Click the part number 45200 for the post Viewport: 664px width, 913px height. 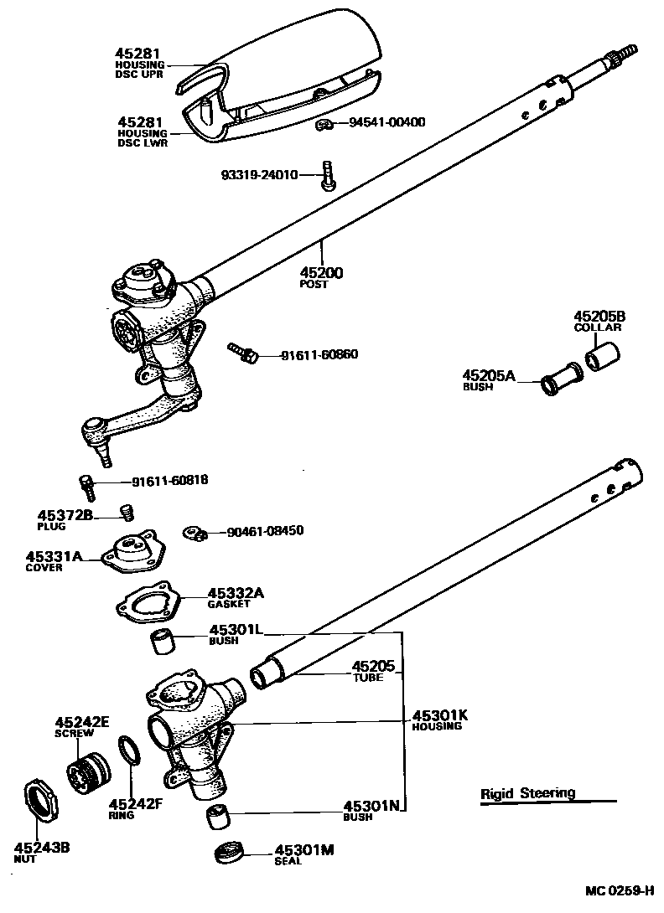coord(322,273)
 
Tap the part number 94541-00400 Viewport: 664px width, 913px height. coord(386,122)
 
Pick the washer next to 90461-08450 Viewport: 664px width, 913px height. coord(195,533)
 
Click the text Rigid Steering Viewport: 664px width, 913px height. coord(528,793)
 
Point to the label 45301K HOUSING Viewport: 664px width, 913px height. coord(439,720)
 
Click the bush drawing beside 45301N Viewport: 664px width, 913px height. coord(220,814)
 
